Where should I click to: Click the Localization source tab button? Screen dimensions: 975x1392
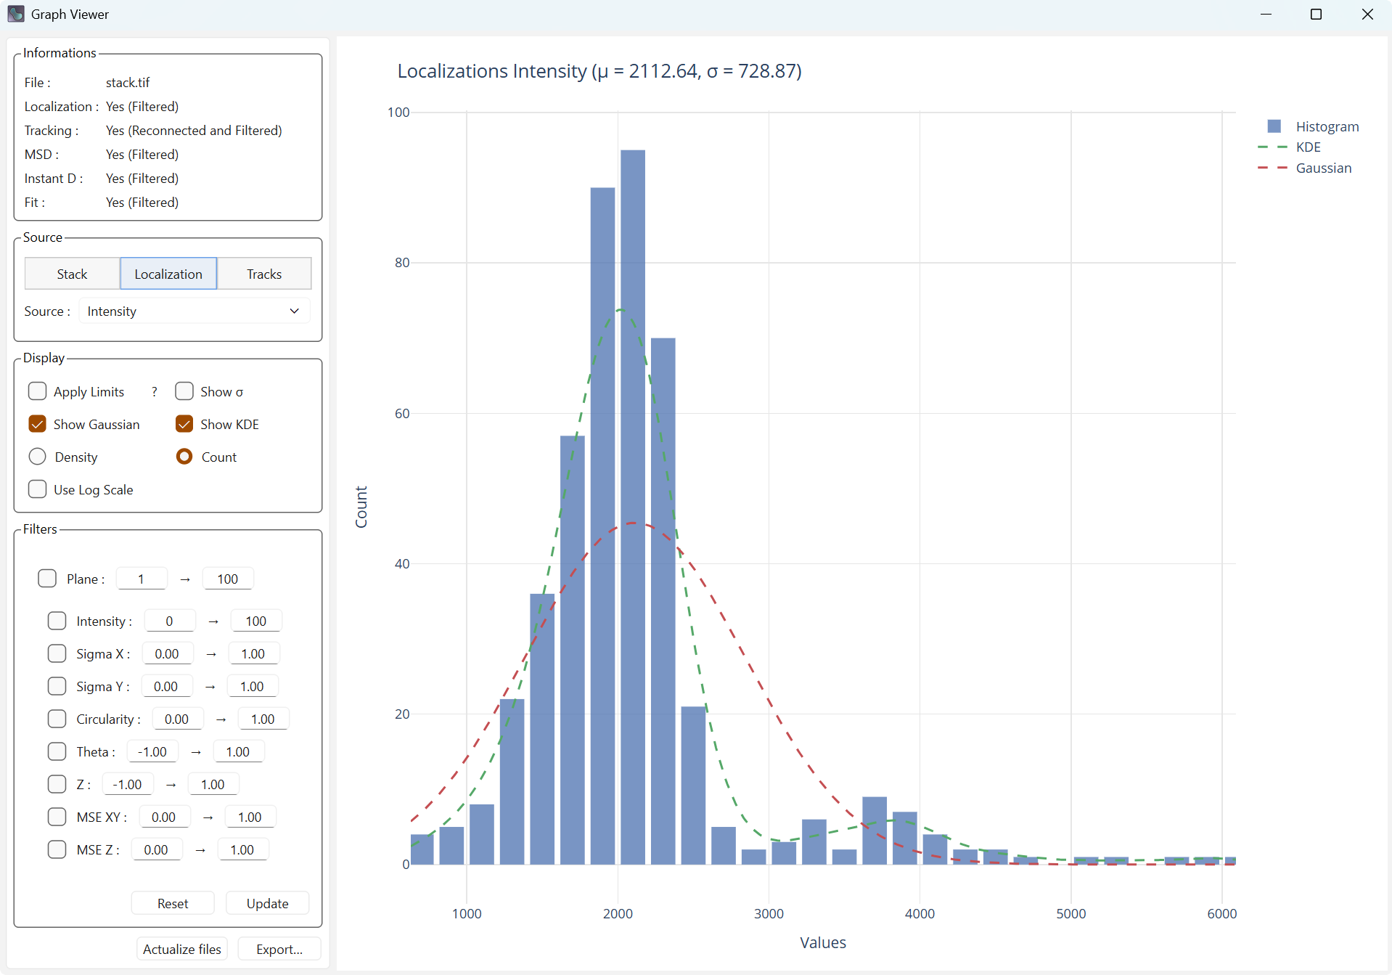(x=168, y=274)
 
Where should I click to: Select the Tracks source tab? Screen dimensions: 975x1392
(x=264, y=274)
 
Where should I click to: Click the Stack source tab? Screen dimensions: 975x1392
(x=72, y=274)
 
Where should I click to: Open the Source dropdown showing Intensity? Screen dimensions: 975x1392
(x=194, y=311)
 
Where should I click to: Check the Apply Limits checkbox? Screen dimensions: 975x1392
(x=38, y=391)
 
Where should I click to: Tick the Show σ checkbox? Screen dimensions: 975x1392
(x=184, y=391)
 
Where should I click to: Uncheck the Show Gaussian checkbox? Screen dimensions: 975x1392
(x=38, y=424)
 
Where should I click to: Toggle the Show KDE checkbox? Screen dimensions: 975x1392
(x=184, y=424)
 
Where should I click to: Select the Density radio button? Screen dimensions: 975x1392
(x=38, y=457)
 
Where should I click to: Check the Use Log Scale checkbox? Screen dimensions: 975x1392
(x=38, y=489)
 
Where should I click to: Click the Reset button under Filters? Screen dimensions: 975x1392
(x=173, y=903)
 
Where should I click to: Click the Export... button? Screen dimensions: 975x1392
(x=279, y=949)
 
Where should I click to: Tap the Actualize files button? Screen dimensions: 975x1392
(x=182, y=949)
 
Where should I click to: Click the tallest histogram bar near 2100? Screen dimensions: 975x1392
(x=633, y=508)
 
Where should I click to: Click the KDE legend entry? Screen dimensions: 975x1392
(x=1308, y=147)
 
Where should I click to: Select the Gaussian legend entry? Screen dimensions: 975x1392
(x=1323, y=168)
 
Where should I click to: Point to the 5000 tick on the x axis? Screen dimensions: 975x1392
(x=1071, y=913)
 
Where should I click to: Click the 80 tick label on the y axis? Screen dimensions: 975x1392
(x=402, y=263)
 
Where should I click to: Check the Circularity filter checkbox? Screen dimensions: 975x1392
(x=57, y=719)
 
